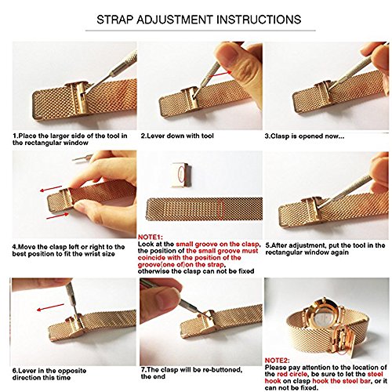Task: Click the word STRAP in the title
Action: [x=114, y=20]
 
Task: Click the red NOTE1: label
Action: [x=151, y=238]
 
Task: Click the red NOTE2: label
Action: [x=278, y=361]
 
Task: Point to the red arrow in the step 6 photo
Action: [x=50, y=307]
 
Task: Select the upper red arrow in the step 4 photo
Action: [x=51, y=188]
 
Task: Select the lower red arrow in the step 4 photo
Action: [x=57, y=216]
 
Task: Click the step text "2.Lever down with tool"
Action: [x=177, y=136]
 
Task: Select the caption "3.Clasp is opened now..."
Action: [x=304, y=136]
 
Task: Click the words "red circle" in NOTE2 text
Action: [x=292, y=374]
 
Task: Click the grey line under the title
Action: [x=201, y=31]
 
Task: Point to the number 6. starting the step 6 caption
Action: [x=15, y=371]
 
